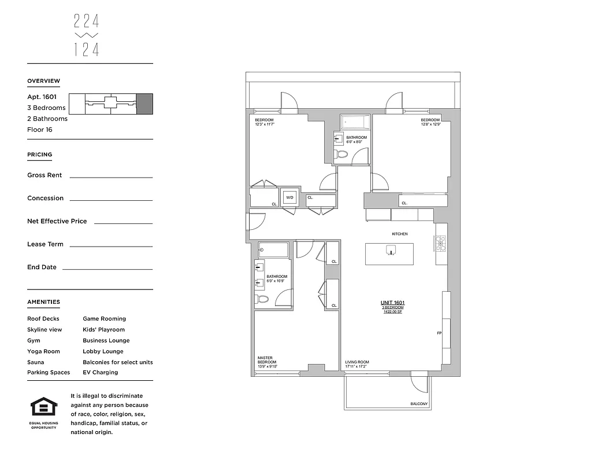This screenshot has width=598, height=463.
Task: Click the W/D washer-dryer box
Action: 289,197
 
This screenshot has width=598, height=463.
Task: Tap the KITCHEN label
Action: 400,234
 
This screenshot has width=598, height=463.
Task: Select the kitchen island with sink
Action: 389,253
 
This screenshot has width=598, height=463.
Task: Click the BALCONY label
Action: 419,403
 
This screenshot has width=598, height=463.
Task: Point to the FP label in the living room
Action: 439,333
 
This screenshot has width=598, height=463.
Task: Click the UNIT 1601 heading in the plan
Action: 392,303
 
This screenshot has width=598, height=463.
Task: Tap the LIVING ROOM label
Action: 357,362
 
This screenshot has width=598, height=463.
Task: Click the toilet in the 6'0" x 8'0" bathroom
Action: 341,154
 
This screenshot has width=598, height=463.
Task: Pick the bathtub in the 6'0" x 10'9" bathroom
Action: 273,250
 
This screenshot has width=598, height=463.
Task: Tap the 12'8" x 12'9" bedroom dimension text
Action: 430,124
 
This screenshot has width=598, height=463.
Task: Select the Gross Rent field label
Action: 44,175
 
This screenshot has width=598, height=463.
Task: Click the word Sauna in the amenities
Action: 35,362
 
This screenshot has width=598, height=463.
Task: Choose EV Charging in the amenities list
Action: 100,373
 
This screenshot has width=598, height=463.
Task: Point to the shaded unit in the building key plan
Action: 144,103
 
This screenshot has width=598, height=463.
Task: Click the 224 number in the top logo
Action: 87,21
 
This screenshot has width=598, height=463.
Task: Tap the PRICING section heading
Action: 39,155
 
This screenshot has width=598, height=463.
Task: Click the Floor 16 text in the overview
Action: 39,130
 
